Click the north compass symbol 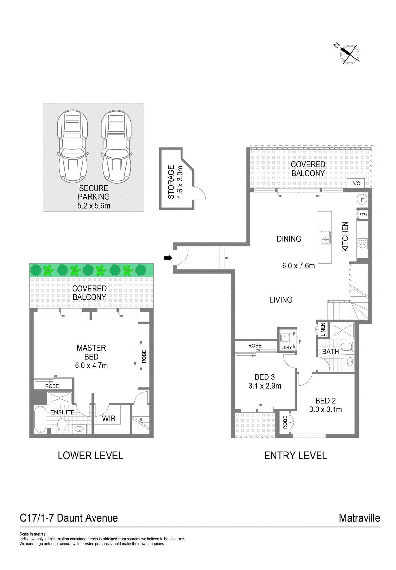[x=350, y=54]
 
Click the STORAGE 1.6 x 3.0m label [x=175, y=182]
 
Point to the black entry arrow [x=168, y=258]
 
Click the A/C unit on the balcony [x=356, y=183]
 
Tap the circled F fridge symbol [x=362, y=199]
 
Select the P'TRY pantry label [x=363, y=215]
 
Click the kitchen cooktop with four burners [x=363, y=243]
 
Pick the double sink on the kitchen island [x=325, y=237]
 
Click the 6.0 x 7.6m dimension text [x=298, y=266]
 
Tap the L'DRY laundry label [x=286, y=347]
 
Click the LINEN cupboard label [x=323, y=329]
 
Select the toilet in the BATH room [x=346, y=346]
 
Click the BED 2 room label [x=325, y=400]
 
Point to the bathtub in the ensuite [x=40, y=420]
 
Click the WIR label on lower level [x=109, y=418]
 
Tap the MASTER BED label [x=91, y=352]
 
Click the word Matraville [x=359, y=518]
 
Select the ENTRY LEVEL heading [x=295, y=455]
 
